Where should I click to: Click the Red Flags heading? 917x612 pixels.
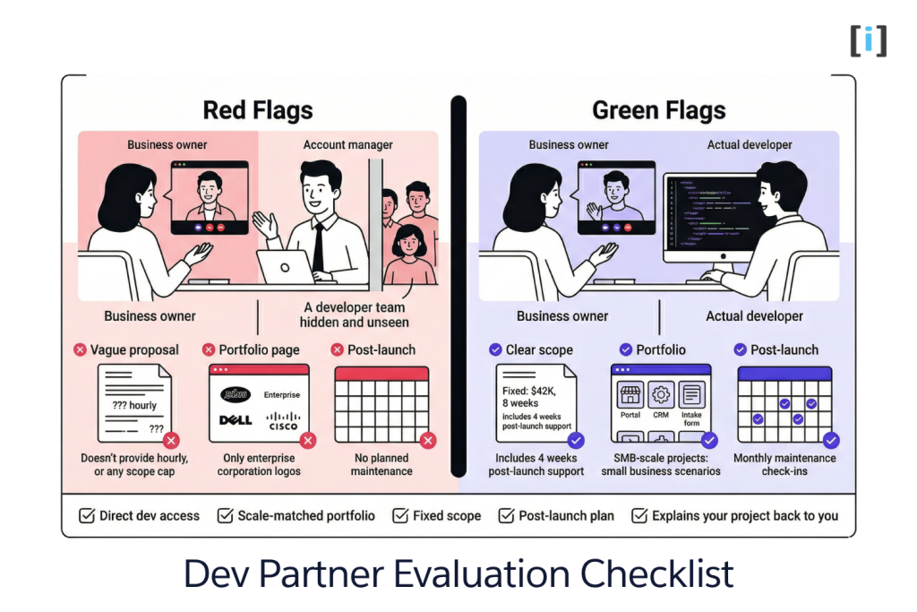click(x=258, y=111)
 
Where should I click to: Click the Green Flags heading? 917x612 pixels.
click(x=658, y=111)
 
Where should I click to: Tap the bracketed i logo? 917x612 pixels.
click(x=868, y=40)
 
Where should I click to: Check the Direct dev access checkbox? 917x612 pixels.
click(x=87, y=516)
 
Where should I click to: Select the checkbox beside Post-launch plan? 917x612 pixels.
click(x=506, y=516)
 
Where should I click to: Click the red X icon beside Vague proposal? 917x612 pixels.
click(x=81, y=349)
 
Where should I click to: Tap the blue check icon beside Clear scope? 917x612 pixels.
click(x=495, y=349)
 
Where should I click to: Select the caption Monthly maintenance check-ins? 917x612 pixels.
click(x=785, y=464)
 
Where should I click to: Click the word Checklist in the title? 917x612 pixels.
click(x=657, y=574)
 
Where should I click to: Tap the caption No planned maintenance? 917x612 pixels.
click(x=381, y=464)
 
